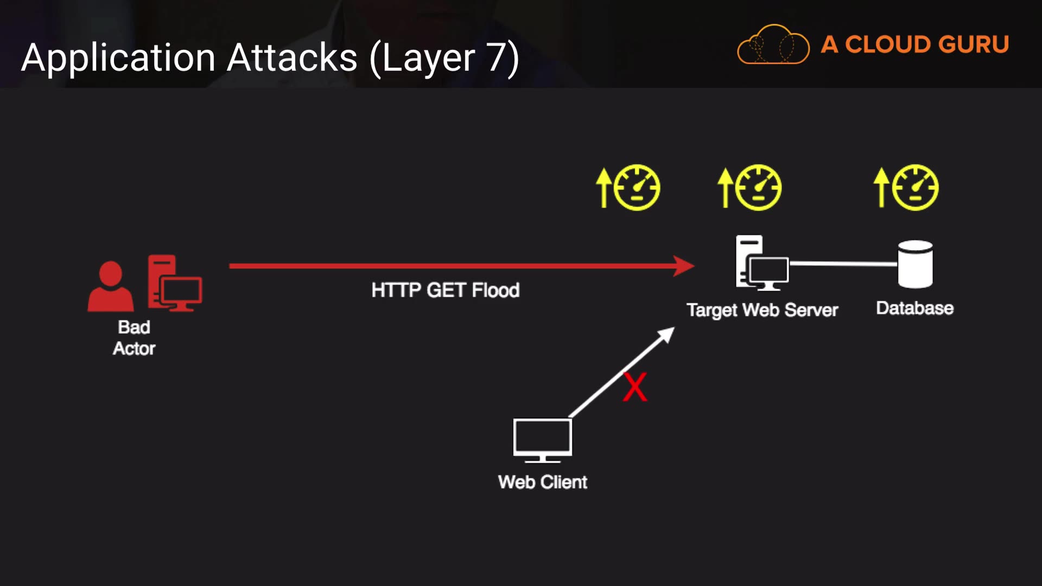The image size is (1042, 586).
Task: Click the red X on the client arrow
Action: [635, 387]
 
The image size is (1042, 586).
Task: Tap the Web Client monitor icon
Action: [543, 439]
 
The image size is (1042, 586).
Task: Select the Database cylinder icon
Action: [915, 264]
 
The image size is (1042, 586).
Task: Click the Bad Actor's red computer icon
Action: [174, 283]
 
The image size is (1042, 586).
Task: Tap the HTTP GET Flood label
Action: [446, 290]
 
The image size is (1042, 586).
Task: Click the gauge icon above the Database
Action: [916, 188]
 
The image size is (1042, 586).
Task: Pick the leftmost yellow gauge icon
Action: [637, 188]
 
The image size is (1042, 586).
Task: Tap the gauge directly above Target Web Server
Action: [759, 188]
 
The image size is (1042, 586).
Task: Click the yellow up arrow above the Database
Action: [881, 187]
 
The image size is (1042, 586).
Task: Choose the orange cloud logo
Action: [773, 45]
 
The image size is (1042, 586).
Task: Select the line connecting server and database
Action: [843, 264]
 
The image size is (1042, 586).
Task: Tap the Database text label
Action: [915, 308]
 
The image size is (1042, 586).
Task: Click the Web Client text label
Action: [543, 482]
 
